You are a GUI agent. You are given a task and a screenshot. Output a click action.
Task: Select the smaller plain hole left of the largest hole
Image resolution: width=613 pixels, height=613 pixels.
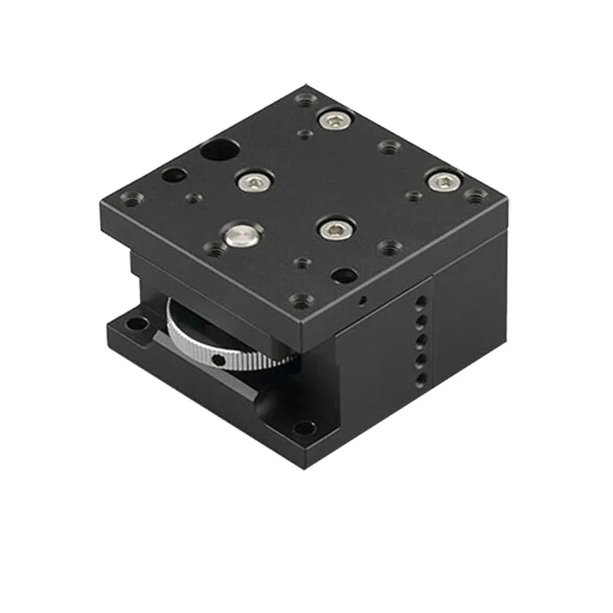click(x=172, y=175)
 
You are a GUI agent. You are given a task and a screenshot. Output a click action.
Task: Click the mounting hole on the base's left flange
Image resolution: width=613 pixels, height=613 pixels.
click(x=136, y=324)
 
